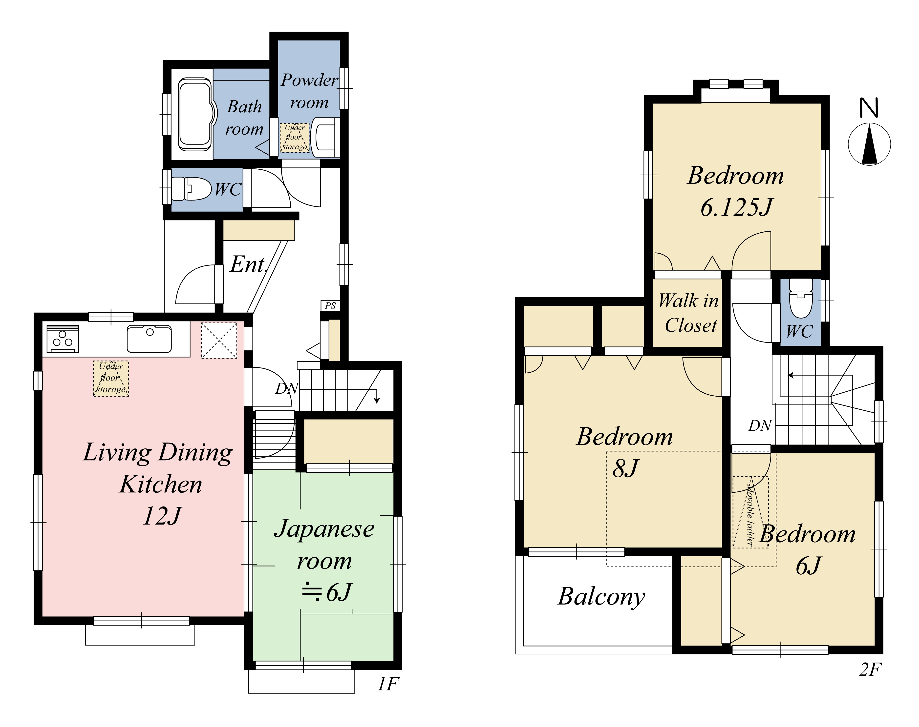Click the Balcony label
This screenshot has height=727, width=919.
[x=601, y=597]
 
